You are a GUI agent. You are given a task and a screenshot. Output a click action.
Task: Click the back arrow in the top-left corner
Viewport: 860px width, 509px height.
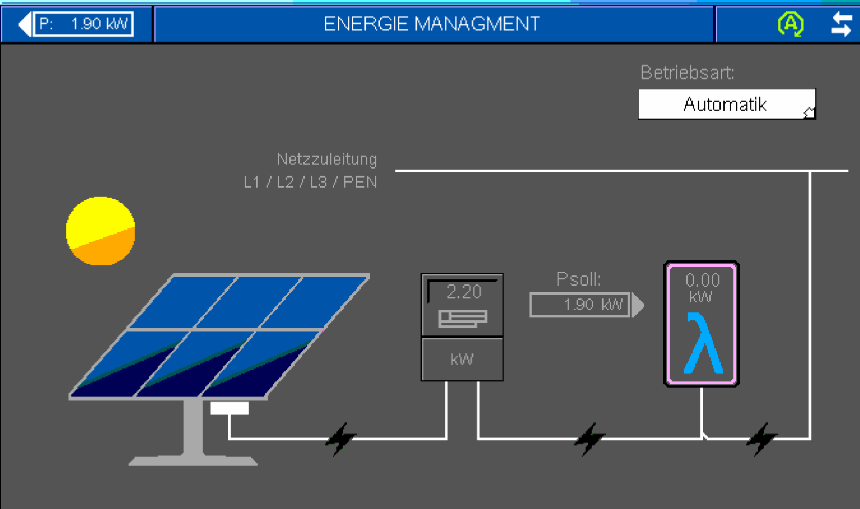point(25,25)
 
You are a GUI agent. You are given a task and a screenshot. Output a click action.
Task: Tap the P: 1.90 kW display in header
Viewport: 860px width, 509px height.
point(83,25)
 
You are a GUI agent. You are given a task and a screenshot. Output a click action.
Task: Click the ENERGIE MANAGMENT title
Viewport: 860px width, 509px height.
point(432,24)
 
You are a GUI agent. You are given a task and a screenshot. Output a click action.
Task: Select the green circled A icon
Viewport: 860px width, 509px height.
point(791,24)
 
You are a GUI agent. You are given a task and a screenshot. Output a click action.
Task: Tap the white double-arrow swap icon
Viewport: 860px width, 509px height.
point(841,25)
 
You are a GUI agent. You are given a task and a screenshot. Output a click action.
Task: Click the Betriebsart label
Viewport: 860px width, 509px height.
point(687,73)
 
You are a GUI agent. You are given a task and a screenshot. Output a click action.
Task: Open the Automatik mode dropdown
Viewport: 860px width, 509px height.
point(726,104)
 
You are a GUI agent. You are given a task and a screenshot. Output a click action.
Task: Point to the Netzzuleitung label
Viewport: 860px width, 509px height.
point(326,160)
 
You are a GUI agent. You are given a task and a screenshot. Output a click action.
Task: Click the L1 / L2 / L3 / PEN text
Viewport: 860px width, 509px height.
point(310,183)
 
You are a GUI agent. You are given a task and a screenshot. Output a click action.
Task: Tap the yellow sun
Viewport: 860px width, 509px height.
point(101,230)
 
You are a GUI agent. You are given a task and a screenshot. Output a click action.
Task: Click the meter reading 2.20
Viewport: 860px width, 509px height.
point(464,292)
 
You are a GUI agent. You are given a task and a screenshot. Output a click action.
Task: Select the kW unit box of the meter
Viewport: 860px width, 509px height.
point(462,359)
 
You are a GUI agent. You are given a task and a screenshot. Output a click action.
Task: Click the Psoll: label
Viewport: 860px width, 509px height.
point(578,279)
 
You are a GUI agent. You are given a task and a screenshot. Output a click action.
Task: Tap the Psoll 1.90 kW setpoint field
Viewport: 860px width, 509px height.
point(581,305)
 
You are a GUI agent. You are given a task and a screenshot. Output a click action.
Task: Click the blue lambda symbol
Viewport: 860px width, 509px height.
point(703,344)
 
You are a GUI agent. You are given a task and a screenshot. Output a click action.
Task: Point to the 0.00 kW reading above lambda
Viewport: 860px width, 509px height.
point(702,287)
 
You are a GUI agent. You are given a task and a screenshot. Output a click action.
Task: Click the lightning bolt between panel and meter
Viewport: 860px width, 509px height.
point(340,439)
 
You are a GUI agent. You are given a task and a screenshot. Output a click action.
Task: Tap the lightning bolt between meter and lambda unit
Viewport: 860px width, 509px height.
point(588,438)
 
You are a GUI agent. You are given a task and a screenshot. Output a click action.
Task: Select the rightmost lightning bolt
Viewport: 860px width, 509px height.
point(761,438)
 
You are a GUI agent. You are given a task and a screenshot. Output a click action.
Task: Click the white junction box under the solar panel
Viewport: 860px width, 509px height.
point(230,409)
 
